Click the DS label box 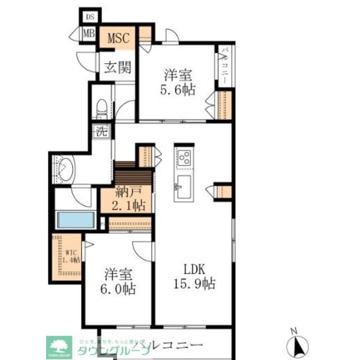click(x=89, y=17)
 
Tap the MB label click(x=89, y=33)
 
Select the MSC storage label click(x=119, y=38)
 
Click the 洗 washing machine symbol click(x=101, y=133)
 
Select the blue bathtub click(x=76, y=220)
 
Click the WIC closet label click(x=72, y=255)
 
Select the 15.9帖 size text click(x=193, y=283)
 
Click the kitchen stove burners click(x=184, y=156)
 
